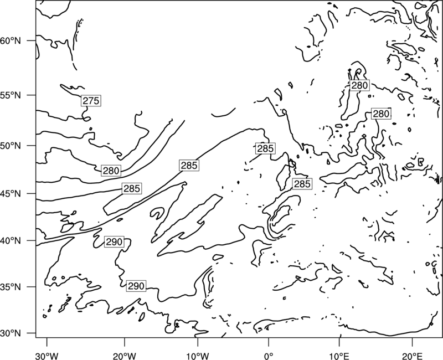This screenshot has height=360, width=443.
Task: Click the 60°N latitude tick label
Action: click(x=11, y=41)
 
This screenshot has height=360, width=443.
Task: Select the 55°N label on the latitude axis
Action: click(x=11, y=95)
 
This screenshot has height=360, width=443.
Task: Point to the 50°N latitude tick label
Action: click(x=11, y=146)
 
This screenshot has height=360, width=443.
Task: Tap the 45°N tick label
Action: click(x=11, y=193)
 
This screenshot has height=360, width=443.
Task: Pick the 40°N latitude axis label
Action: click(x=11, y=241)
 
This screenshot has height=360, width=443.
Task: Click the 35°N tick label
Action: click(x=11, y=287)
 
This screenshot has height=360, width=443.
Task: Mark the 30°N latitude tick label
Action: click(x=11, y=333)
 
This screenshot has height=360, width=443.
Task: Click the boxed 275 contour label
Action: click(x=91, y=101)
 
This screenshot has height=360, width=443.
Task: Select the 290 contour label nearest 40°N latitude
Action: click(x=114, y=242)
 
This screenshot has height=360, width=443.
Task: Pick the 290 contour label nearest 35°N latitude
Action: click(x=136, y=286)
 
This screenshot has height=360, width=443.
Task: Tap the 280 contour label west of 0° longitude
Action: click(x=111, y=171)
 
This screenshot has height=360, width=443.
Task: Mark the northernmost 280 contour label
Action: click(x=359, y=85)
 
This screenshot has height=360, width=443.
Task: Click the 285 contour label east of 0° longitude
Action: click(x=302, y=184)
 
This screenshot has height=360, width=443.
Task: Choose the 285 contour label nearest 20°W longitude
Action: click(x=132, y=188)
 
